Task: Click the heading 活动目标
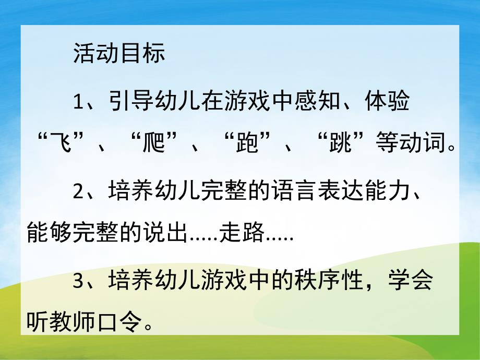coord(119,54)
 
